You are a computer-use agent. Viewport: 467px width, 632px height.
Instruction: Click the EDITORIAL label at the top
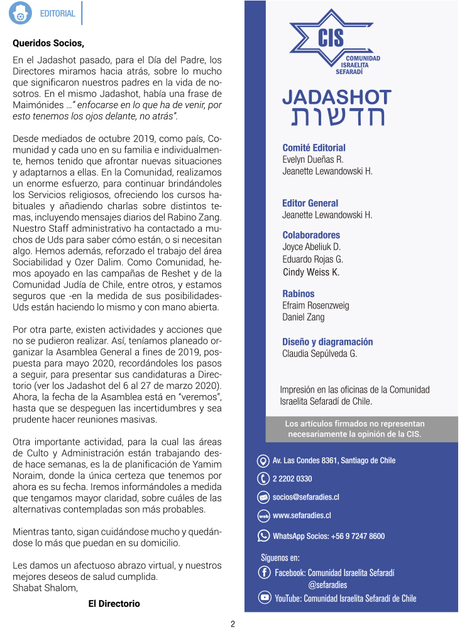tap(57, 13)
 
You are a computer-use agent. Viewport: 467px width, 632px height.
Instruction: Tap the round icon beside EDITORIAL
tap(21, 14)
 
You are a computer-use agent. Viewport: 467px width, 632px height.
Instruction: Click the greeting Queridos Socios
tap(48, 43)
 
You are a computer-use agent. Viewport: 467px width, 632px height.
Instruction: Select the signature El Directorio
tap(114, 604)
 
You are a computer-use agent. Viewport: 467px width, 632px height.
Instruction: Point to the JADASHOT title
tap(336, 97)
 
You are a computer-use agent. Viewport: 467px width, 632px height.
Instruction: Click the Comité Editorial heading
tap(314, 148)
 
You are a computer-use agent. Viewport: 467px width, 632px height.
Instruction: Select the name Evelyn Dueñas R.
tap(312, 160)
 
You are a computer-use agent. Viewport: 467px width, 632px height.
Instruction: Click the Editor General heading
tap(310, 203)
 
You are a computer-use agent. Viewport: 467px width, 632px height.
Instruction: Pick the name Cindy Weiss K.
tap(310, 272)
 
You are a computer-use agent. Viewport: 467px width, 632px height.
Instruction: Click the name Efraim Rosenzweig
tap(316, 305)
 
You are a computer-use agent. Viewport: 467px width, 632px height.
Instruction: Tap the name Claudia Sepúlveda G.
tap(319, 354)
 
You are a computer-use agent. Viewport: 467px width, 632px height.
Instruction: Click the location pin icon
tap(264, 460)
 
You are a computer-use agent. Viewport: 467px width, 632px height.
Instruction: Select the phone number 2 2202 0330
tap(292, 479)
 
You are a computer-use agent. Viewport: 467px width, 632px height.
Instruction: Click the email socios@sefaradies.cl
tap(305, 497)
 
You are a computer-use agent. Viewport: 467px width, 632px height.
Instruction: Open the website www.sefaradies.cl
tap(302, 516)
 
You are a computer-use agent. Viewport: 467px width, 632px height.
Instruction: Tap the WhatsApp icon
tap(264, 536)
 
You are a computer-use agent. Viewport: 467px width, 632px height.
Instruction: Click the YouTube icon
tap(265, 597)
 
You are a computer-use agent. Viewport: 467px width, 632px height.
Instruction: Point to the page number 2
tap(233, 624)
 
